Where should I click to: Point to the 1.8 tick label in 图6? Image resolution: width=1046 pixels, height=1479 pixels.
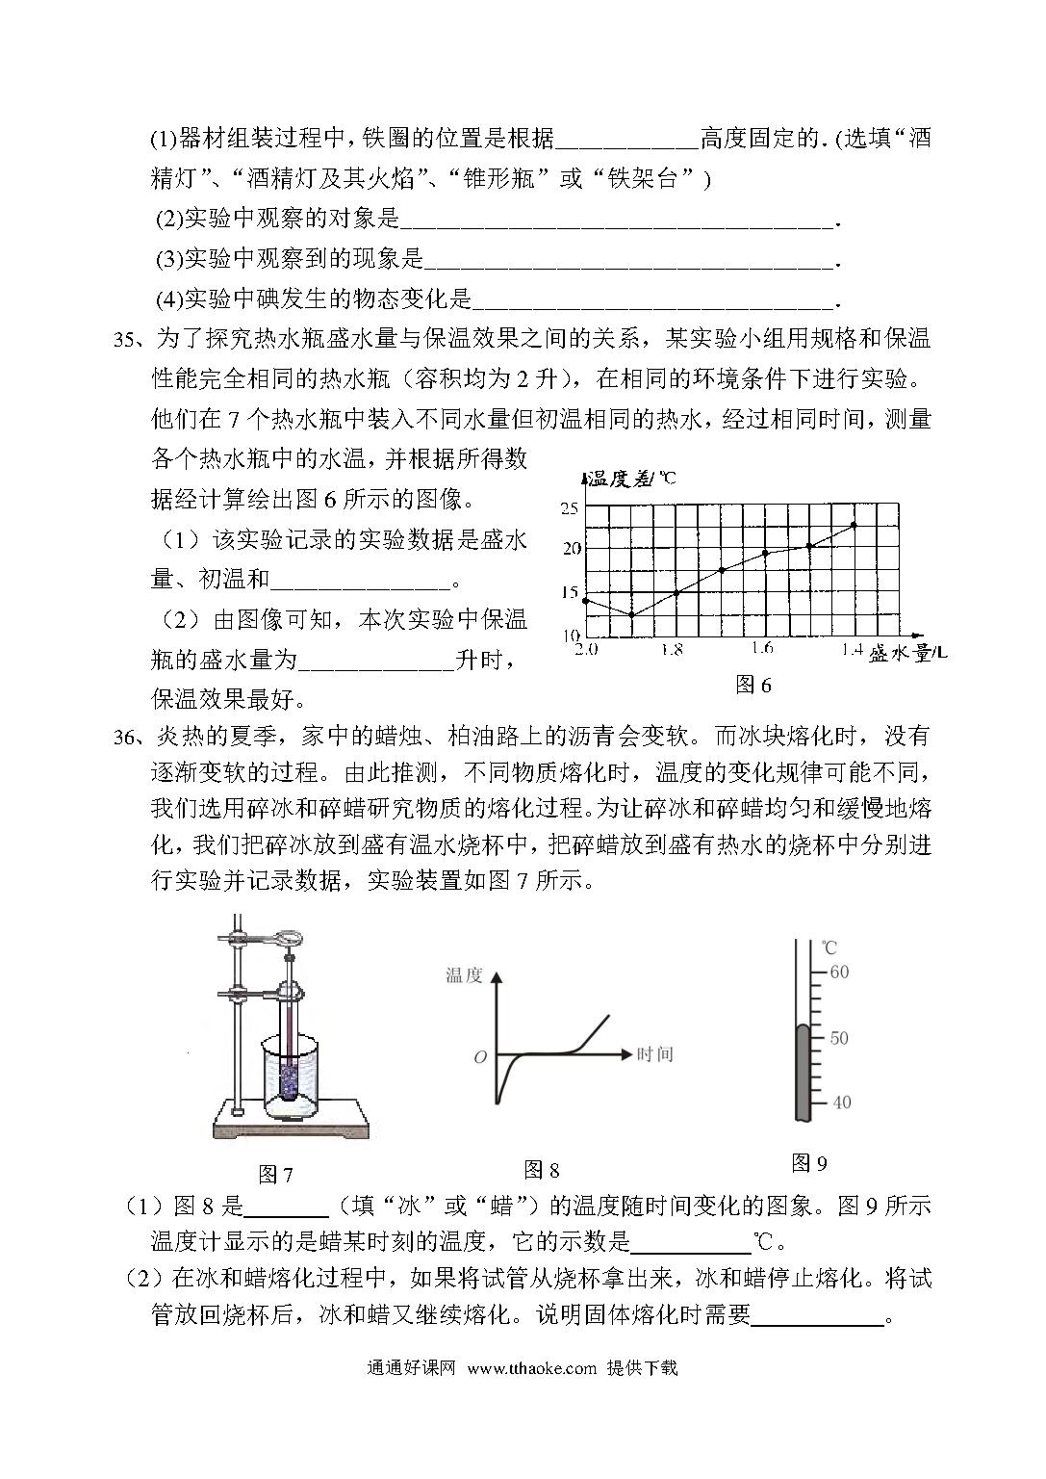coord(672,649)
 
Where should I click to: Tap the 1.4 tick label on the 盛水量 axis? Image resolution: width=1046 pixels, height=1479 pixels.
coord(851,650)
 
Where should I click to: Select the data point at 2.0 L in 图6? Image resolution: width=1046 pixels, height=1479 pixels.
coord(585,601)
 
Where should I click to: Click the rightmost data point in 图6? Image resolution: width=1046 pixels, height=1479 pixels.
coord(854,525)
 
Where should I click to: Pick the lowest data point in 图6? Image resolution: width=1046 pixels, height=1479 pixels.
coord(631,614)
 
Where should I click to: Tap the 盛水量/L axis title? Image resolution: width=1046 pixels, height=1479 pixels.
coord(907,654)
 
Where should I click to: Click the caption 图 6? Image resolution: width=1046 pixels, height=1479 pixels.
coord(753,685)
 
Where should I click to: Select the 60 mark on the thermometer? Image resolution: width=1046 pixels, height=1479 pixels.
coord(838,972)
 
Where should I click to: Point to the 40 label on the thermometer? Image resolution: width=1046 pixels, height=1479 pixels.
coord(840,1102)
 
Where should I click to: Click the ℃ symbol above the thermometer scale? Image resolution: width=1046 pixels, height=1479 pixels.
coord(829,949)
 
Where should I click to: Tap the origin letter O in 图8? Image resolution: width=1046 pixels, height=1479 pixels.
coord(480,1057)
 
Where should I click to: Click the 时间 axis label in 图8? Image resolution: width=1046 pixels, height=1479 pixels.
coord(654,1054)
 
